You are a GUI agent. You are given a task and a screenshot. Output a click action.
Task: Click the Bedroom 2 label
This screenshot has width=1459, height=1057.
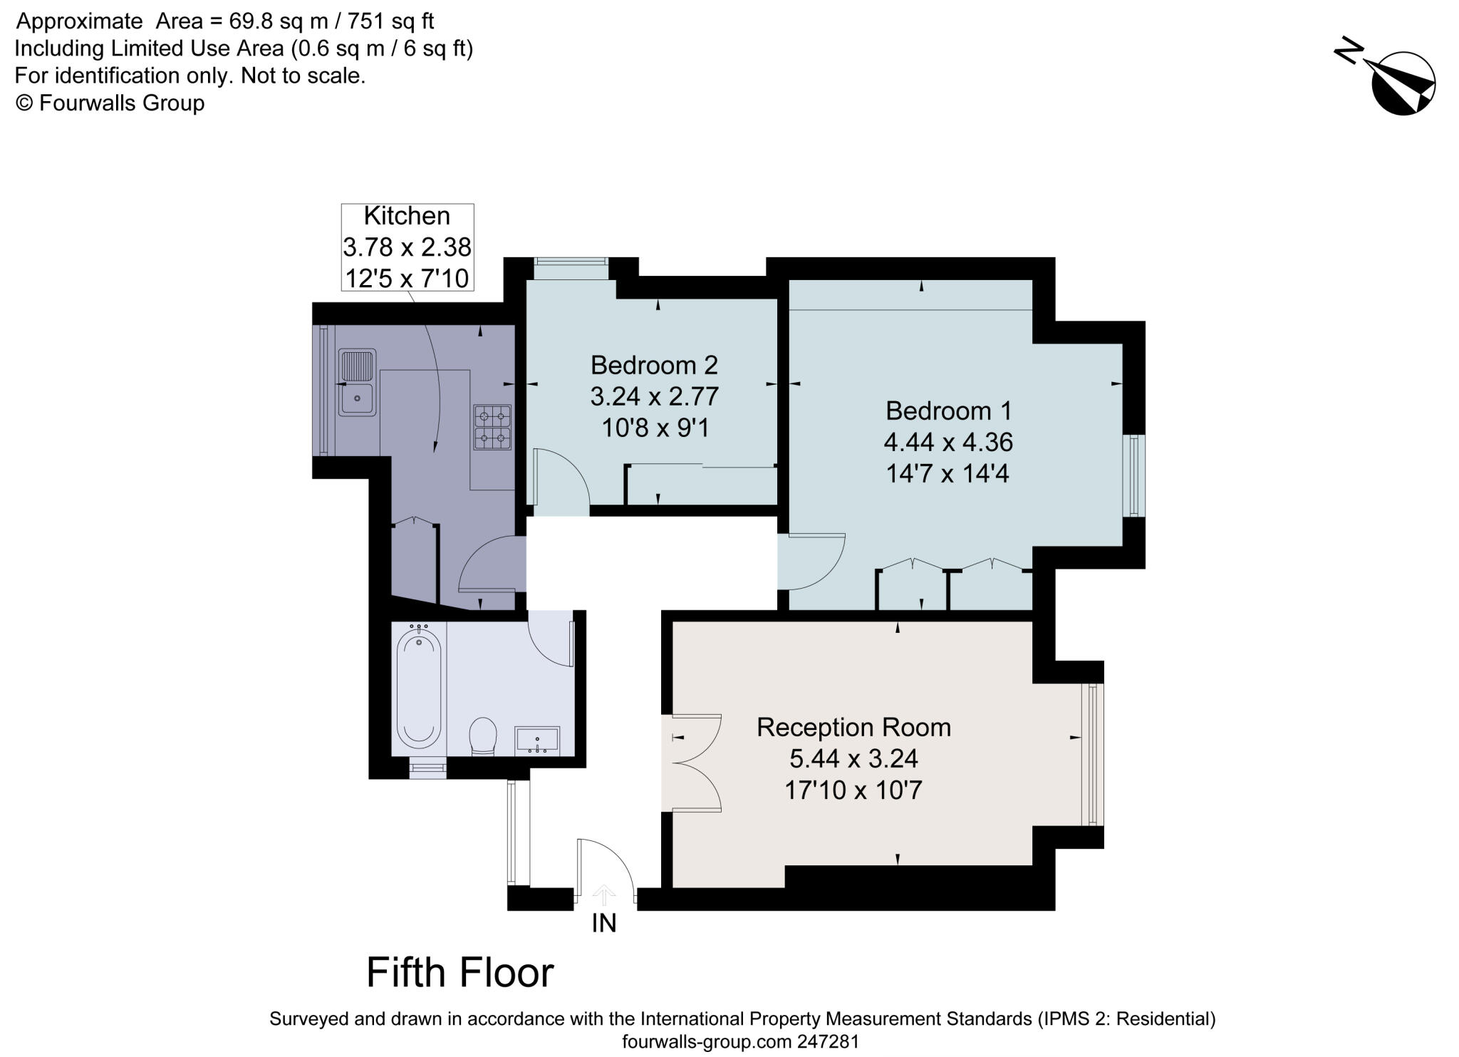pyautogui.click(x=654, y=365)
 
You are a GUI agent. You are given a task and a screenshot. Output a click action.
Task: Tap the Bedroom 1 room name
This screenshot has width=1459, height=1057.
pyautogui.click(x=948, y=411)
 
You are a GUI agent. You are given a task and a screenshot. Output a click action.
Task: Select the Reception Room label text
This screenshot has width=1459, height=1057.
pyautogui.click(x=853, y=727)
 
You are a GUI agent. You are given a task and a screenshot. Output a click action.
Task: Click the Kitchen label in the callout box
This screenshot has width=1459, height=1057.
pyautogui.click(x=407, y=215)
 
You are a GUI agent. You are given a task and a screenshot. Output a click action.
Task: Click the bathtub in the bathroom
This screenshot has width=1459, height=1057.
pyautogui.click(x=419, y=684)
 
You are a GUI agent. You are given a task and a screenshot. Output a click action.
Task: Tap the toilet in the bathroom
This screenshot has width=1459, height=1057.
pyautogui.click(x=483, y=736)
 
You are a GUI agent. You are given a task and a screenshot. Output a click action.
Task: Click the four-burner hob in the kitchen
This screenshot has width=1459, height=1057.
pyautogui.click(x=493, y=428)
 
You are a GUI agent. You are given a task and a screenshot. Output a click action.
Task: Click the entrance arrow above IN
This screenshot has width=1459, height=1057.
pyautogui.click(x=604, y=894)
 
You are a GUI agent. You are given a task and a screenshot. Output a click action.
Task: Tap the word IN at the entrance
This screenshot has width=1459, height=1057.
pyautogui.click(x=604, y=924)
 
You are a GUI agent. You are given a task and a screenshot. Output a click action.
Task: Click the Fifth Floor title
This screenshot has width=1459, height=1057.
pyautogui.click(x=460, y=973)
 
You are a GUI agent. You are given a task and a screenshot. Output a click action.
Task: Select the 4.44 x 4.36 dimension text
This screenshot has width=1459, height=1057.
pyautogui.click(x=948, y=442)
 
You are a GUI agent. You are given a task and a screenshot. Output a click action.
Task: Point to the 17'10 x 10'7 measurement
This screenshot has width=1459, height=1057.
pyautogui.click(x=853, y=790)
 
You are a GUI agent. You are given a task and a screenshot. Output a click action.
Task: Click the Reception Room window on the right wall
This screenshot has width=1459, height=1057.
pyautogui.click(x=1092, y=754)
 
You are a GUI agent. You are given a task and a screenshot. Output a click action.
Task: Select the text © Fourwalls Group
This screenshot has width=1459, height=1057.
pyautogui.click(x=110, y=103)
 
